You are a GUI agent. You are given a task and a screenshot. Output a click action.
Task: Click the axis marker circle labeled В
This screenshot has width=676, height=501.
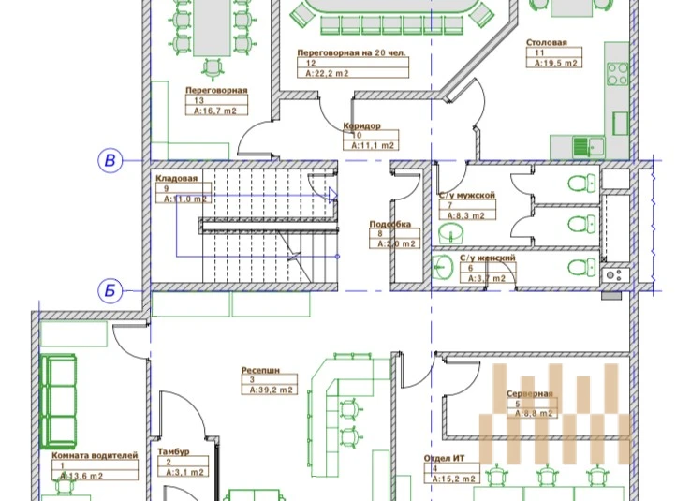click(110, 161)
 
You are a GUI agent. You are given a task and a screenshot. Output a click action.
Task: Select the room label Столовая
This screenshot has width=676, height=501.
click(546, 43)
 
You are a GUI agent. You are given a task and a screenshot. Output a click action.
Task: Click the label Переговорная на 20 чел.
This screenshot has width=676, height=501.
click(351, 52)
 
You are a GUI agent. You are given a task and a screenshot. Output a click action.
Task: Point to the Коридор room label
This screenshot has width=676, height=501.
click(360, 125)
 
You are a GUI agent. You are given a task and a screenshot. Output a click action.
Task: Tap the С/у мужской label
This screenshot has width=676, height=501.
click(466, 196)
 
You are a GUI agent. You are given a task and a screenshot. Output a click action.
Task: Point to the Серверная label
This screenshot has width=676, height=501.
click(531, 394)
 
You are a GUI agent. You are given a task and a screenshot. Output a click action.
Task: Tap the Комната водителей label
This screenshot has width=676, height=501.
click(95, 455)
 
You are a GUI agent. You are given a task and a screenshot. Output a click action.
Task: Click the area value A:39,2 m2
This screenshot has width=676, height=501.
click(272, 390)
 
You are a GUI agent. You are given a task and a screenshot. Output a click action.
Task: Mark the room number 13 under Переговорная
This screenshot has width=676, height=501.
click(199, 100)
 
